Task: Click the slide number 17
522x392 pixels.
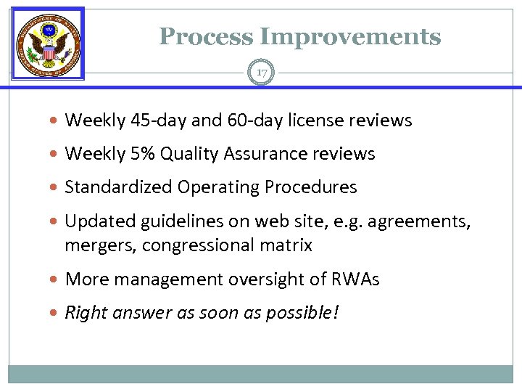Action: pyautogui.click(x=261, y=73)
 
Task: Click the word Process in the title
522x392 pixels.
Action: pyautogui.click(x=205, y=36)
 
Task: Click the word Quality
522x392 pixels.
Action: pyautogui.click(x=187, y=154)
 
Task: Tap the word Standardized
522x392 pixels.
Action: pyautogui.click(x=113, y=187)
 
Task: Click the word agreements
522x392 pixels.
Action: pyautogui.click(x=418, y=221)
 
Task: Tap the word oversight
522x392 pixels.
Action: pyautogui.click(x=266, y=279)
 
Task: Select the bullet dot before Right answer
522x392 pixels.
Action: pyautogui.click(x=56, y=313)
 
